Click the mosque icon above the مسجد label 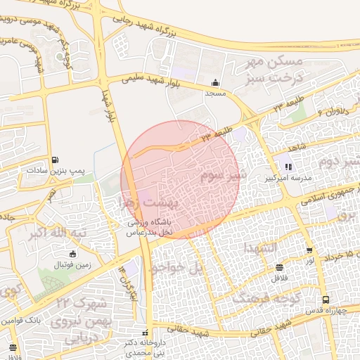215,82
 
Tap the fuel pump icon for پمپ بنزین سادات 56,160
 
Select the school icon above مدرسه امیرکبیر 288,167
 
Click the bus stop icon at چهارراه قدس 325,300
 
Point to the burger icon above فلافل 280,267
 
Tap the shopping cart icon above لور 309,250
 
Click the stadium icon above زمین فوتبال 73,254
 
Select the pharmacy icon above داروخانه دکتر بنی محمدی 146,332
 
